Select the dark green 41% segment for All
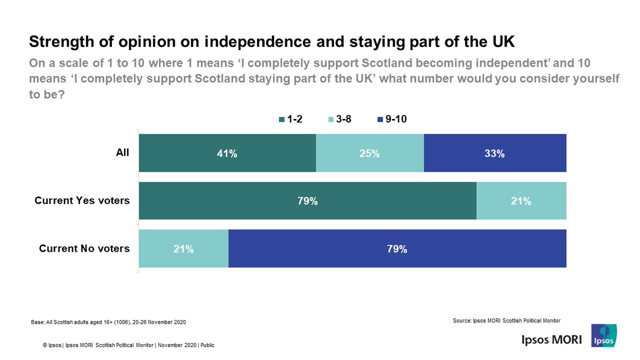pyautogui.click(x=227, y=153)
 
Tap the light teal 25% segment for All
pyautogui.click(x=370, y=153)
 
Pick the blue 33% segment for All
pyautogui.click(x=494, y=153)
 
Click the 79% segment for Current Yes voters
pyautogui.click(x=307, y=201)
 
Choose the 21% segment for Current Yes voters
pyautogui.click(x=521, y=201)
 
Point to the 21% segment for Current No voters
pyautogui.click(x=183, y=249)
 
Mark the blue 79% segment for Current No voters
pyautogui.click(x=397, y=249)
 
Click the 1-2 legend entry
pyautogui.click(x=292, y=119)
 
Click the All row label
pyautogui.click(x=123, y=153)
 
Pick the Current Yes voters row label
pyautogui.click(x=82, y=201)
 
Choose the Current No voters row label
pyautogui.click(x=84, y=249)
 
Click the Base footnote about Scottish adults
pyautogui.click(x=109, y=323)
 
